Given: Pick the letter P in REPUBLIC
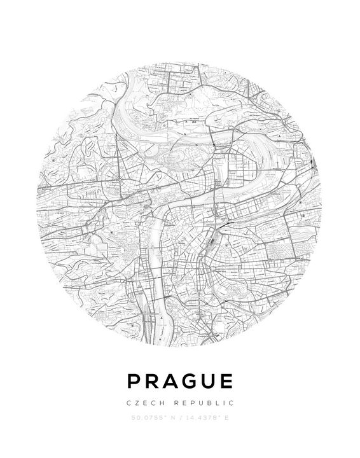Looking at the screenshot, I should click(x=196, y=403).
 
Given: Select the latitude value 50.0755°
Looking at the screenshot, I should click(x=146, y=419).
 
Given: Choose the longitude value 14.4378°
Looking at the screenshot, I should click(x=201, y=419).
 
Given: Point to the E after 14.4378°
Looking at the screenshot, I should click(x=226, y=419).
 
